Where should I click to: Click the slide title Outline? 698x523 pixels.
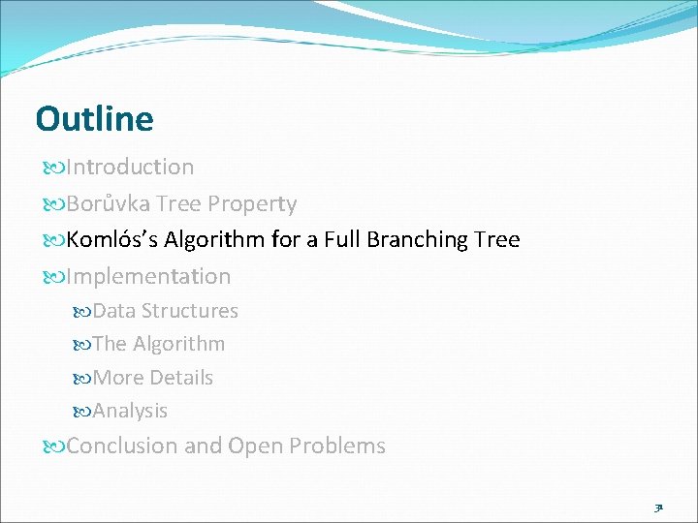pyautogui.click(x=94, y=119)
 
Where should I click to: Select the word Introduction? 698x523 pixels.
pyautogui.click(x=130, y=168)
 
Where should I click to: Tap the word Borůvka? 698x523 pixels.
pyautogui.click(x=106, y=204)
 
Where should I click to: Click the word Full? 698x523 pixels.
pyautogui.click(x=343, y=239)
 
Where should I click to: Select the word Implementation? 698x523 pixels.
pyautogui.click(x=148, y=277)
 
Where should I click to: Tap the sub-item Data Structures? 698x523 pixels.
pyautogui.click(x=165, y=311)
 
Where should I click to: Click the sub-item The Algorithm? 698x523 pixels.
pyautogui.click(x=159, y=344)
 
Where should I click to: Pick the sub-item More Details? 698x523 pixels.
pyautogui.click(x=153, y=378)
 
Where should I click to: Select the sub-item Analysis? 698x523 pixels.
pyautogui.click(x=130, y=411)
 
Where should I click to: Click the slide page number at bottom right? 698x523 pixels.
pyautogui.click(x=658, y=507)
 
